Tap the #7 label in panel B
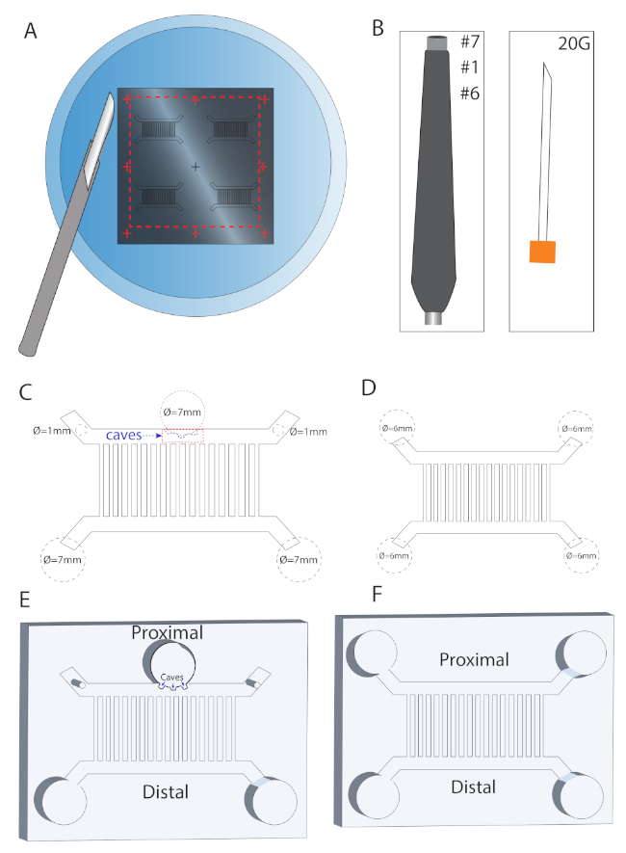(472, 41)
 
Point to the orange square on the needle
(543, 251)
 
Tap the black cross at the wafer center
(196, 168)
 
